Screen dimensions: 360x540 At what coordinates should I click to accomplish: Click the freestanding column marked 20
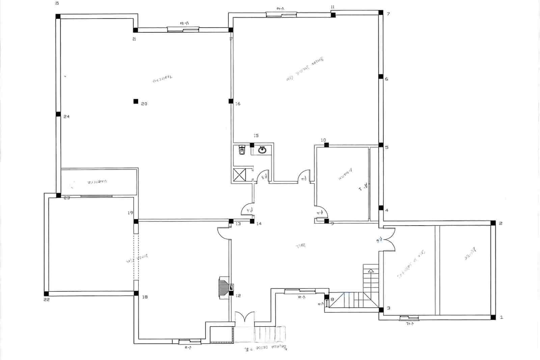point(136,101)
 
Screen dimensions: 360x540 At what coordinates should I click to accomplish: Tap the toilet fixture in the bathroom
point(242,150)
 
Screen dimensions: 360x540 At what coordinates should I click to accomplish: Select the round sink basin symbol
point(262,150)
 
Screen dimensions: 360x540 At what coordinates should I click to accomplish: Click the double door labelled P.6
point(387,239)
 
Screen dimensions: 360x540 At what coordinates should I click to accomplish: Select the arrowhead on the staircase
point(371,271)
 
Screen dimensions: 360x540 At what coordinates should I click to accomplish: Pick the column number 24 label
point(66,117)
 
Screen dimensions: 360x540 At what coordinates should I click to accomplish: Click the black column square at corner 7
point(380,13)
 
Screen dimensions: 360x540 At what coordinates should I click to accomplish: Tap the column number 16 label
point(238,104)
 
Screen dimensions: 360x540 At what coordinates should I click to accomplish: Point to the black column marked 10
point(326,145)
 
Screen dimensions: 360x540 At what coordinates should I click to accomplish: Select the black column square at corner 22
point(46,293)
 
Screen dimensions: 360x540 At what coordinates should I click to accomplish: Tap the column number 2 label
point(501,223)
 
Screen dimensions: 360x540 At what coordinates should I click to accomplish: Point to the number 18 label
point(145,297)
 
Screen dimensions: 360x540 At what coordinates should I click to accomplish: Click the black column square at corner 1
point(493,317)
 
